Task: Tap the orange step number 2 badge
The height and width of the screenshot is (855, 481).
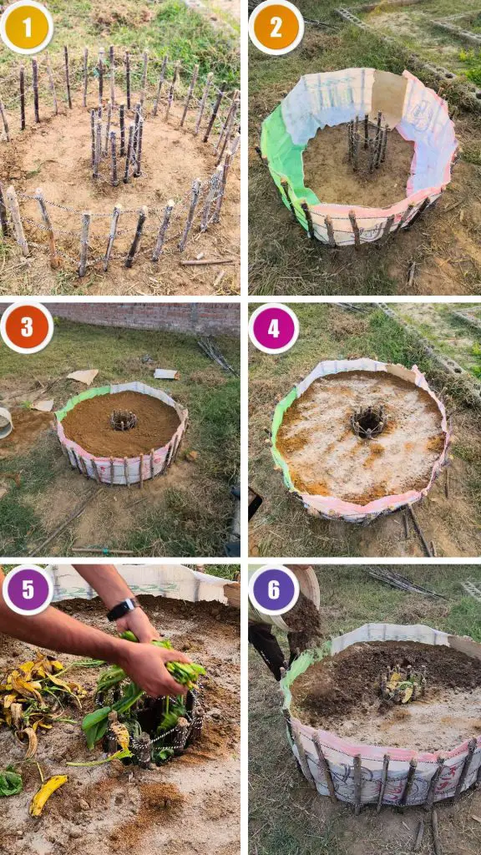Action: pos(276,28)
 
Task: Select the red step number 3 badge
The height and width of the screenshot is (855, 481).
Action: pos(27,327)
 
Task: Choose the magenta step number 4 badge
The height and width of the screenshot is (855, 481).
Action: pos(273,329)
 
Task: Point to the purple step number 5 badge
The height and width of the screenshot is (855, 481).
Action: pos(28,590)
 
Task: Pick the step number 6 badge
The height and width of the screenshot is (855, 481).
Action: pos(273,589)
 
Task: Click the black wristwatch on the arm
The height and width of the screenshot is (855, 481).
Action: pos(122,609)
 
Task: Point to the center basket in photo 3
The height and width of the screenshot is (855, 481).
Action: pos(124,420)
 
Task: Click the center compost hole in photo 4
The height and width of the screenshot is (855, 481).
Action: pos(368,422)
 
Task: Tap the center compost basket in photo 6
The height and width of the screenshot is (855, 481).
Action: pos(403,685)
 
